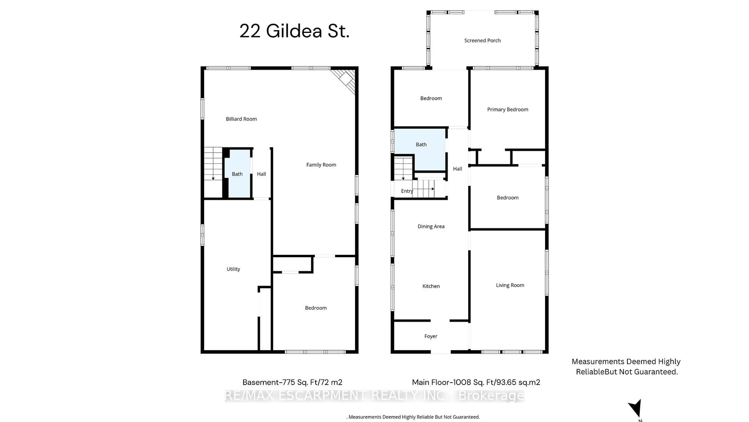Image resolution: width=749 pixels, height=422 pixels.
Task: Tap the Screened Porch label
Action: [x=482, y=40]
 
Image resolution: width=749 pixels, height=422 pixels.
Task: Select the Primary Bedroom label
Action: [x=507, y=109]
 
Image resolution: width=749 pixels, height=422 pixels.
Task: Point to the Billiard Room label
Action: [x=241, y=119]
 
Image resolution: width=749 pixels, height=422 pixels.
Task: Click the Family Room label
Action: [x=321, y=165]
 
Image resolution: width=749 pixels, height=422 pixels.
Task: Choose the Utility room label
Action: [x=233, y=269]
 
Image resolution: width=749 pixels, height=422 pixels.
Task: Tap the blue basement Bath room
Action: [x=237, y=174]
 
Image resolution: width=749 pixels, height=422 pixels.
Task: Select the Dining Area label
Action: [x=431, y=226]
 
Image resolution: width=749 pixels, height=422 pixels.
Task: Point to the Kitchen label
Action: [x=431, y=286]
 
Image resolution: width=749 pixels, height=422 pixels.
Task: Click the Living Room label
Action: [x=510, y=285]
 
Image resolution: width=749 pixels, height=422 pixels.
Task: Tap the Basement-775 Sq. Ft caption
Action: [x=292, y=382]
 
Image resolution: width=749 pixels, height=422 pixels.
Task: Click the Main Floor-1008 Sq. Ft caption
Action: [x=476, y=382]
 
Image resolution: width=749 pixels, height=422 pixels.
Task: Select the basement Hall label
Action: [x=261, y=174]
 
